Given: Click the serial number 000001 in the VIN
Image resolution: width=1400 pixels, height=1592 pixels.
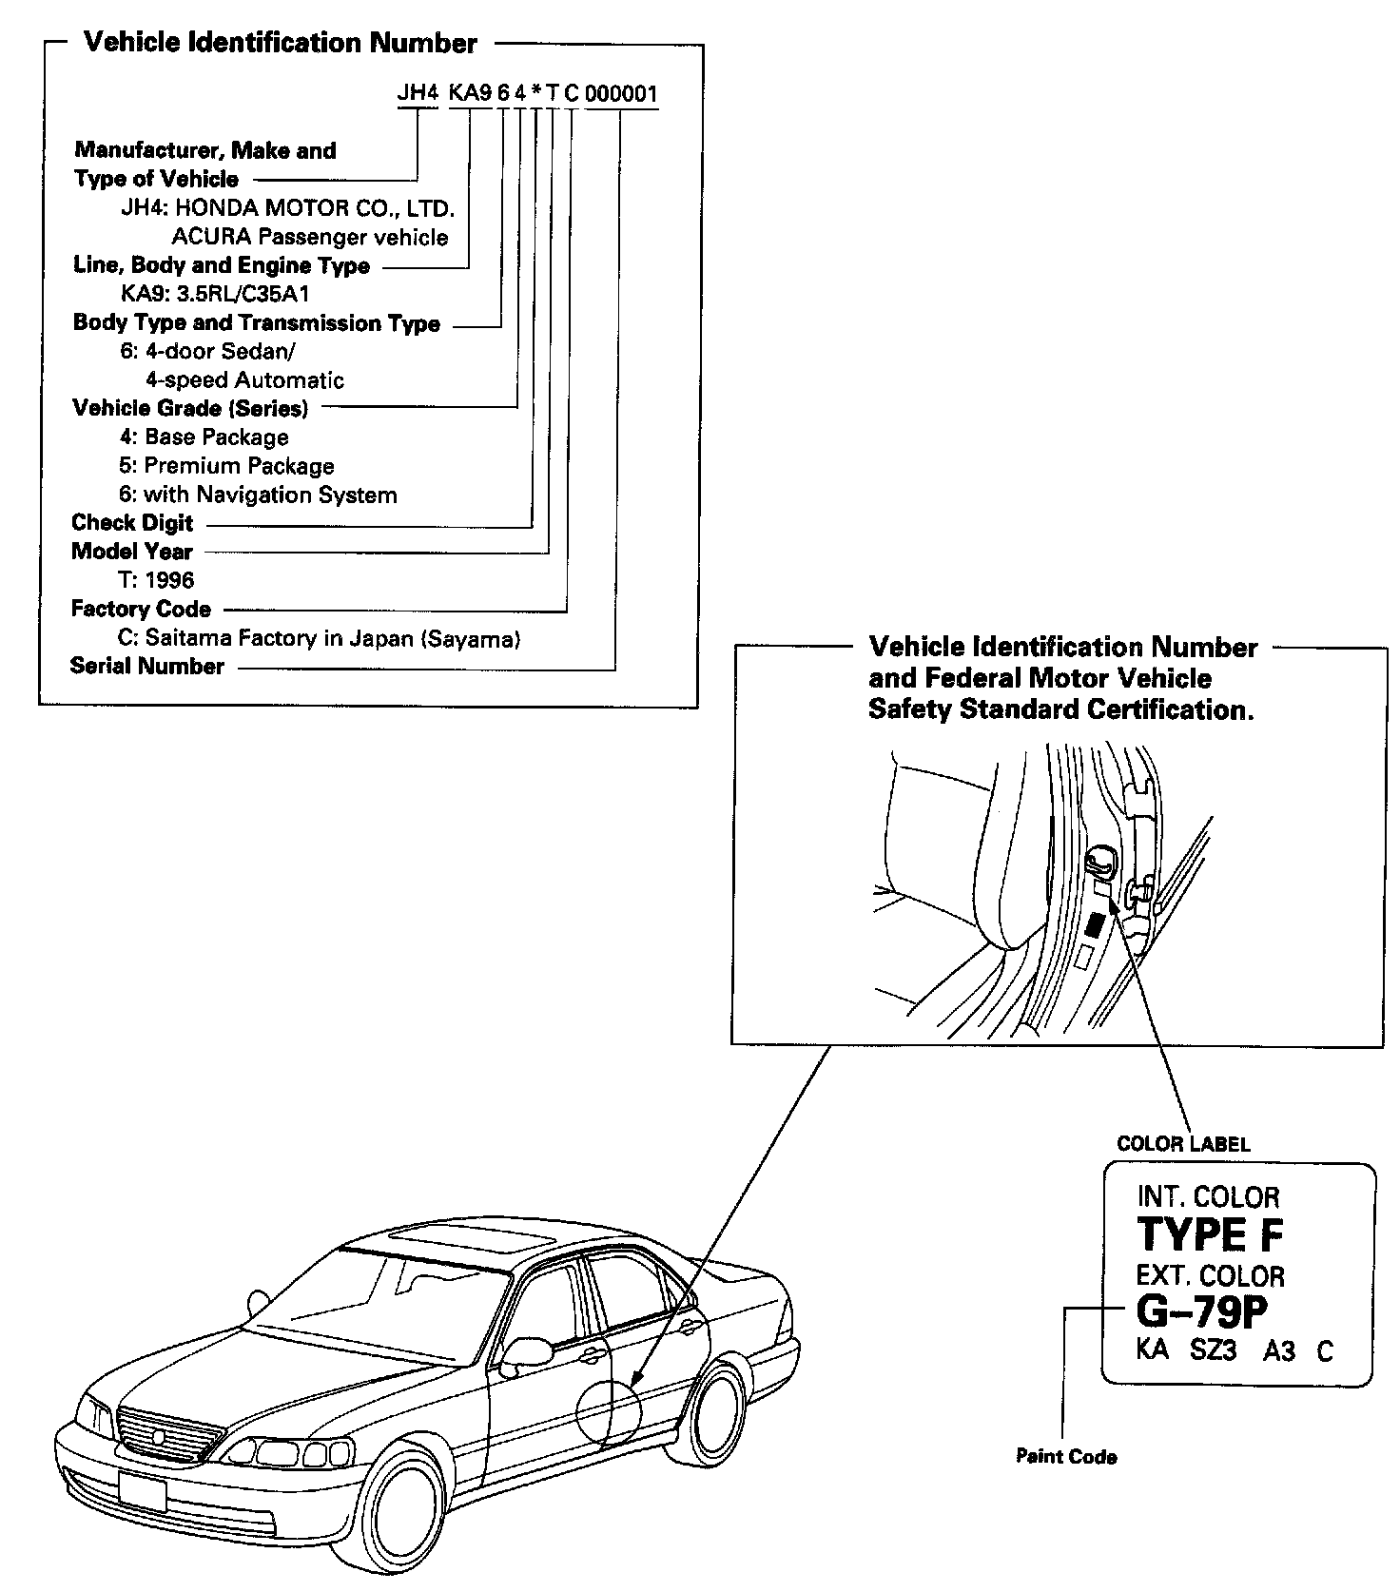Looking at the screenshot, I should (621, 94).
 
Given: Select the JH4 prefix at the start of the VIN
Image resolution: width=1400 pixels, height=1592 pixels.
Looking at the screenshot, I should (417, 94).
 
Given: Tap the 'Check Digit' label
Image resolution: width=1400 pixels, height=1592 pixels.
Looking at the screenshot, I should (132, 523).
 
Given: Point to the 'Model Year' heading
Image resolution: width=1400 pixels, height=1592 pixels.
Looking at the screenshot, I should (131, 552).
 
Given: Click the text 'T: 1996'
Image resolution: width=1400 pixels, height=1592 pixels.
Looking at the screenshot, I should (157, 580).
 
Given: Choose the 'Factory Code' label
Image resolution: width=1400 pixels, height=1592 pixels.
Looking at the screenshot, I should (141, 609).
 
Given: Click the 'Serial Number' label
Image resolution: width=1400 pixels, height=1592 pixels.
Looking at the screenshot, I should (147, 666).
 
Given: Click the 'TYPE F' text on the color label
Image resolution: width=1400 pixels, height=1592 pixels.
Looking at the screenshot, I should (1210, 1234).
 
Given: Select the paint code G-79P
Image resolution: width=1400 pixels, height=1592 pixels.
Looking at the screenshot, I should (1202, 1312).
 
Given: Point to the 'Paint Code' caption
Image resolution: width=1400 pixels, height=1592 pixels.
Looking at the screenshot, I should (1066, 1456).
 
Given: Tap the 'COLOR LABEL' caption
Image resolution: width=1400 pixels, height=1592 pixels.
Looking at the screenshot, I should (1183, 1143).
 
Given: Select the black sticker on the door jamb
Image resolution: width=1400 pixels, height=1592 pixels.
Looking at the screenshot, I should (1095, 924).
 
